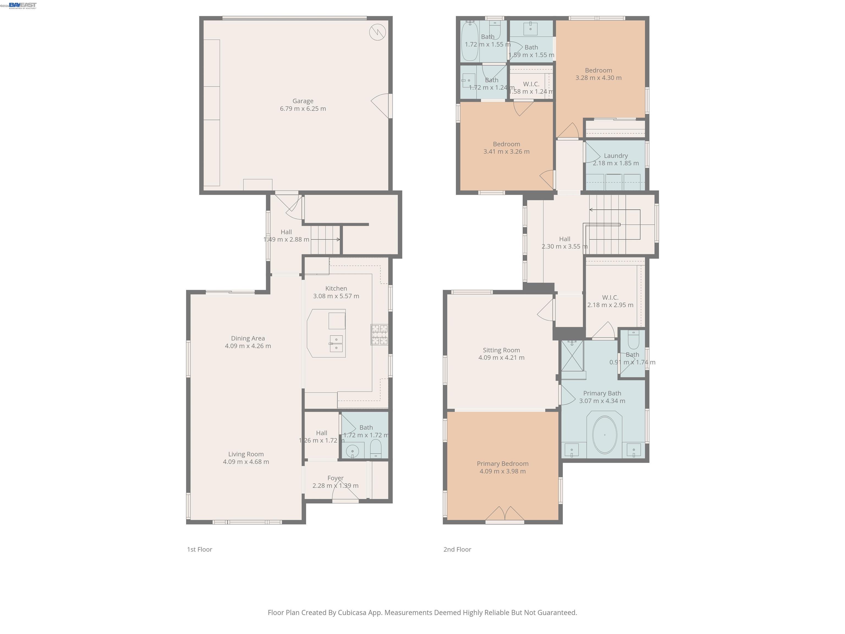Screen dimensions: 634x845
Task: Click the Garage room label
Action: point(303,101)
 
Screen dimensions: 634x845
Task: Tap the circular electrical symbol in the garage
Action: point(377,32)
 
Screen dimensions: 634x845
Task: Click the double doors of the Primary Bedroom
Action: point(505,514)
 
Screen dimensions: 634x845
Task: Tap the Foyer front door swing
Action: point(345,495)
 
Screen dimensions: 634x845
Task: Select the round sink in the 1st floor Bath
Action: point(352,451)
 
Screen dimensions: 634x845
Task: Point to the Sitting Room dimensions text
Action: point(501,358)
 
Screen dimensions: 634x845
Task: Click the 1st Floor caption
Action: point(199,549)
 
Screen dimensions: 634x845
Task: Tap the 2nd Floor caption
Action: point(457,549)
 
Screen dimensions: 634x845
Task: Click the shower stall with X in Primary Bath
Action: point(572,356)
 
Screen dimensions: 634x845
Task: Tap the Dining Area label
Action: point(248,338)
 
